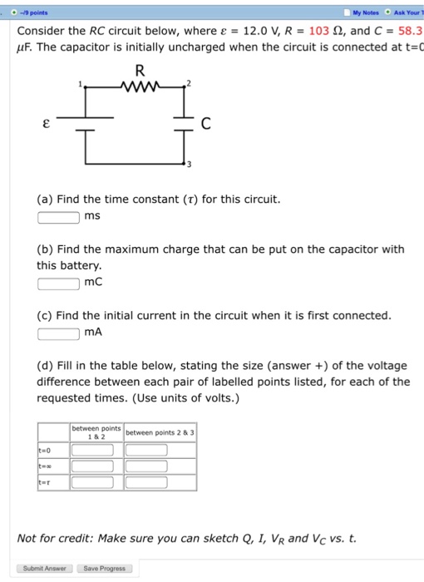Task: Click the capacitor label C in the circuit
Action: tap(205, 125)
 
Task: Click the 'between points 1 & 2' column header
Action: tap(96, 432)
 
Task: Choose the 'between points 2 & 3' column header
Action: tap(160, 432)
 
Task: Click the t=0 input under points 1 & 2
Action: tap(96, 451)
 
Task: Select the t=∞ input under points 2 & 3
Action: tap(146, 466)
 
